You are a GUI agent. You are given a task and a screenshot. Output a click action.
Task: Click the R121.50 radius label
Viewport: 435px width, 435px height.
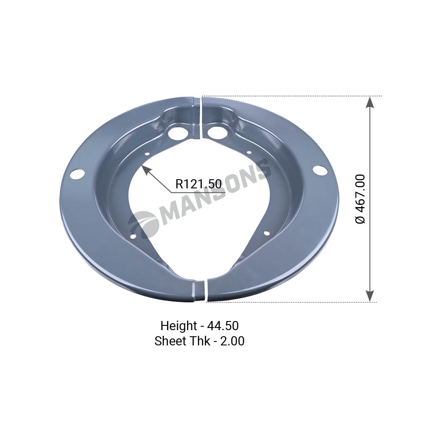click(199, 184)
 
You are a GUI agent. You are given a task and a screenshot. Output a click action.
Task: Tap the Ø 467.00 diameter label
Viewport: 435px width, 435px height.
click(360, 199)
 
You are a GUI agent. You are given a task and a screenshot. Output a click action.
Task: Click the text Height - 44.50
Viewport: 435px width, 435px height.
click(200, 326)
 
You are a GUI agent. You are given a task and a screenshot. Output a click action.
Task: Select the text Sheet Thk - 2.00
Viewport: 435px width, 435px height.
click(200, 341)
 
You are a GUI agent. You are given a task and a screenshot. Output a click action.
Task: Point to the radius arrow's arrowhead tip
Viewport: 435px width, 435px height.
click(142, 165)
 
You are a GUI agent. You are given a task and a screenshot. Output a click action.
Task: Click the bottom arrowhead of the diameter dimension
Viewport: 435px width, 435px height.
click(369, 296)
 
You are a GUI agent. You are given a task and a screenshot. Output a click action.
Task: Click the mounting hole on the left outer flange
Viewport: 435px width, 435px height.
click(77, 174)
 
